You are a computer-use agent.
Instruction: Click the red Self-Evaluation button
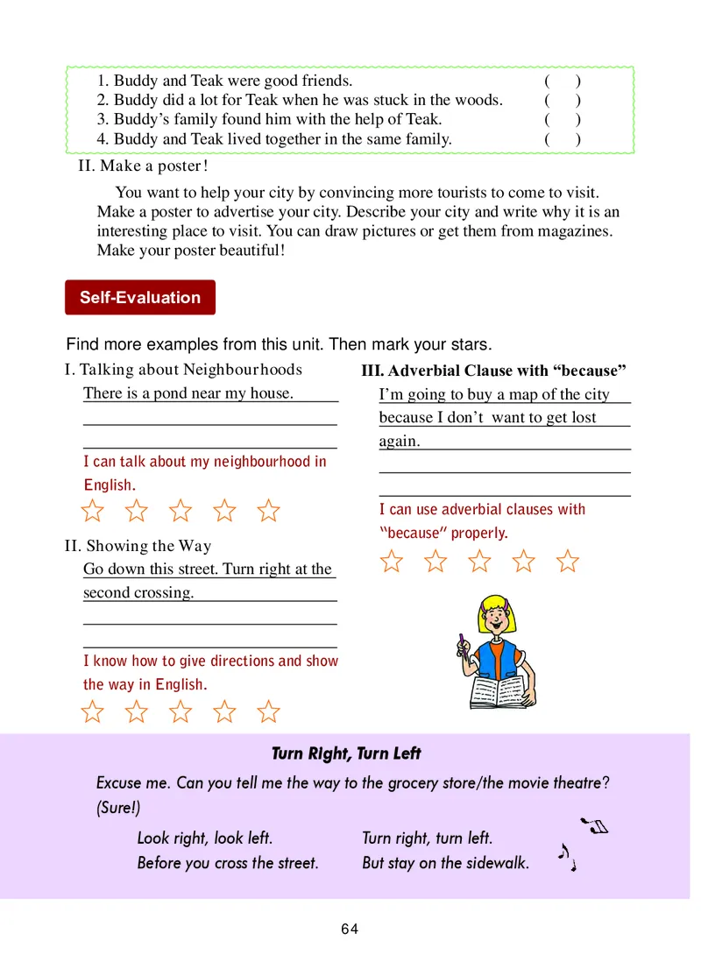[x=140, y=297]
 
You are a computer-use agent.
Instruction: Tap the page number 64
[x=350, y=929]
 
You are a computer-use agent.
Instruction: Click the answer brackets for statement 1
[x=562, y=81]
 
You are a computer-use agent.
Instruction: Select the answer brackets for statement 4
[x=562, y=138]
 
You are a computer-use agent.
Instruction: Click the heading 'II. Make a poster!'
[x=143, y=166]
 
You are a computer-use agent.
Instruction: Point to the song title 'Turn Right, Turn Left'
[x=346, y=753]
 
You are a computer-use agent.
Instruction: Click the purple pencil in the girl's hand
[x=462, y=644]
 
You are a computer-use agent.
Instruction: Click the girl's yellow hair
[x=495, y=605]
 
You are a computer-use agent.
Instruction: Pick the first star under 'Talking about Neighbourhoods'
[x=93, y=510]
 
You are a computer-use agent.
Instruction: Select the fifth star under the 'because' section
[x=568, y=561]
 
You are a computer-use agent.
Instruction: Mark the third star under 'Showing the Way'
[x=181, y=711]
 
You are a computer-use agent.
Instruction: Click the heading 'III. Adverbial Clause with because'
[x=493, y=371]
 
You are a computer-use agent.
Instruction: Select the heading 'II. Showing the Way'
[x=138, y=546]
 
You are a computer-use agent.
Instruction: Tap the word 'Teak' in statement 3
[x=422, y=119]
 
